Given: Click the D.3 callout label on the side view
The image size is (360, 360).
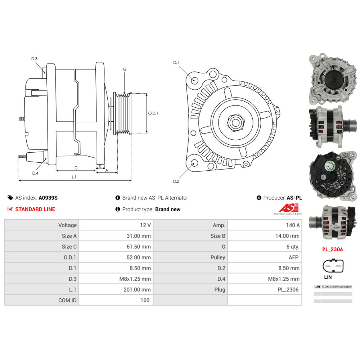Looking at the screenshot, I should click(x=34, y=59).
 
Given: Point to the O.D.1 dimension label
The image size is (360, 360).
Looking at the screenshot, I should click(x=153, y=113).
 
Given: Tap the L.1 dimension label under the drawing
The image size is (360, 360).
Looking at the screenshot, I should click(x=74, y=176).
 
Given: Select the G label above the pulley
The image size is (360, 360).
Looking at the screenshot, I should click(x=125, y=69).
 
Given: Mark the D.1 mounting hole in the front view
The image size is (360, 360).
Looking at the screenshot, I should click(x=194, y=80).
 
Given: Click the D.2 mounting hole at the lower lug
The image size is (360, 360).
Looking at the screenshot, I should click(x=194, y=163).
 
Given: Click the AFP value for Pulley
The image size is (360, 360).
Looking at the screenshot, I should click(x=294, y=257).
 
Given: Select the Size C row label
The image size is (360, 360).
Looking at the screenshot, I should click(x=69, y=247).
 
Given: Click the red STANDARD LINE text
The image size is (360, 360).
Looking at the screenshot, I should click(x=35, y=209).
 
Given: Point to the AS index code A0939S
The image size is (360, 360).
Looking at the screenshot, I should click(x=48, y=198).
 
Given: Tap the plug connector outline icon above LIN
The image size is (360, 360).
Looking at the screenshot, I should click(x=333, y=266).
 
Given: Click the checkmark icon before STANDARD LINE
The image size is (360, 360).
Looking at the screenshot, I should click(x=10, y=209).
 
